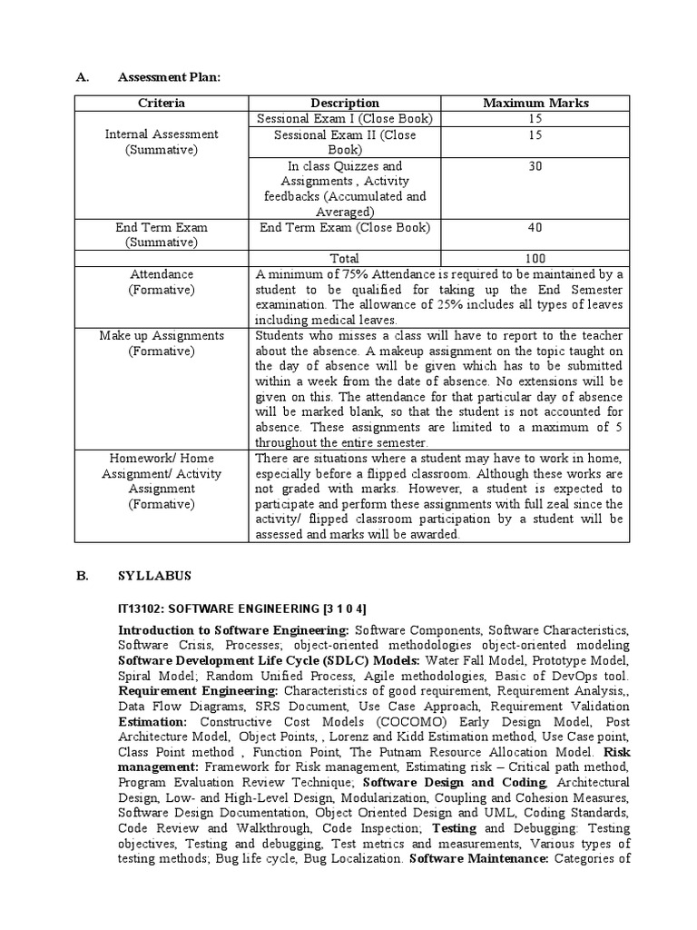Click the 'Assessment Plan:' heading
pyautogui.click(x=169, y=79)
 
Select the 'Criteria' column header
pyautogui.click(x=161, y=104)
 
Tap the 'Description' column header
pyautogui.click(x=345, y=104)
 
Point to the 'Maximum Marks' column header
pyautogui.click(x=535, y=104)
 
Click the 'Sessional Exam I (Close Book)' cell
pyautogui.click(x=345, y=119)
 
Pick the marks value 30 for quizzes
pyautogui.click(x=535, y=166)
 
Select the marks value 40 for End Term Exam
pyautogui.click(x=535, y=228)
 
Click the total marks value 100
pyautogui.click(x=535, y=259)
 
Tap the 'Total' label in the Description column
pyautogui.click(x=345, y=259)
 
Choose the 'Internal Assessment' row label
pyautogui.click(x=162, y=134)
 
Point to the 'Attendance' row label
pyautogui.click(x=162, y=274)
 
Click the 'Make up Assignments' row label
pyautogui.click(x=162, y=336)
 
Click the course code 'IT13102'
pyautogui.click(x=141, y=607)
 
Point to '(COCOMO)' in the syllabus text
pyautogui.click(x=411, y=722)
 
